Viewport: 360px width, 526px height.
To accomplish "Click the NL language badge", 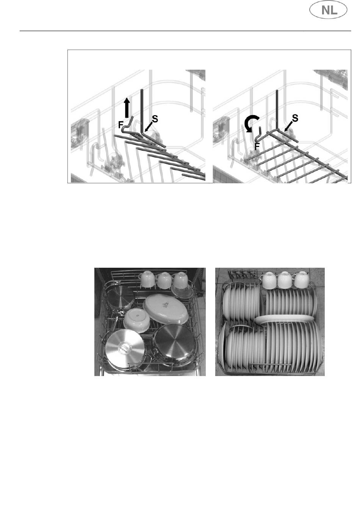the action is point(328,10).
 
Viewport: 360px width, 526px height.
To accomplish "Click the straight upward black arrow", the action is point(127,108).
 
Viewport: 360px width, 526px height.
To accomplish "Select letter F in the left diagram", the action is point(121,125).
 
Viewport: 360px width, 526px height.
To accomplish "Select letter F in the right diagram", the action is point(257,146).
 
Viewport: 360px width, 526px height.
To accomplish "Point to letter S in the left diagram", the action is point(155,119).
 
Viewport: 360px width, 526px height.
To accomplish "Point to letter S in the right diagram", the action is point(295,118).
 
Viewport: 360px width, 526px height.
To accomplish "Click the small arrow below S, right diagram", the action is point(288,126).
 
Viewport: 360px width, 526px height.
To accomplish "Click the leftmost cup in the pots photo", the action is point(148,279).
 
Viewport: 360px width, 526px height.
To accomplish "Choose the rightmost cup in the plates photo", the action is point(301,280).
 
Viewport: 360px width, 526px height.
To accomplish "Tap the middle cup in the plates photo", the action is point(285,280).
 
